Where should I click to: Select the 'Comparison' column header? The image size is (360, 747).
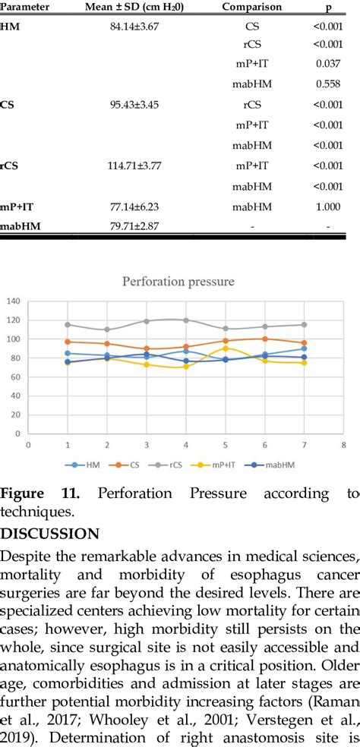coord(251,7)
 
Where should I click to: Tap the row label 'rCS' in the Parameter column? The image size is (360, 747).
coord(10,165)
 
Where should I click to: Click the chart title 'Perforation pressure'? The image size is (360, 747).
coord(180,282)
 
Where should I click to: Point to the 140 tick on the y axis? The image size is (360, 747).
coord(12,301)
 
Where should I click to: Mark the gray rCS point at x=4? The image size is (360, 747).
coord(186,320)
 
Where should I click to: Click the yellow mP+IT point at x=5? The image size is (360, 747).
coord(226,348)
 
